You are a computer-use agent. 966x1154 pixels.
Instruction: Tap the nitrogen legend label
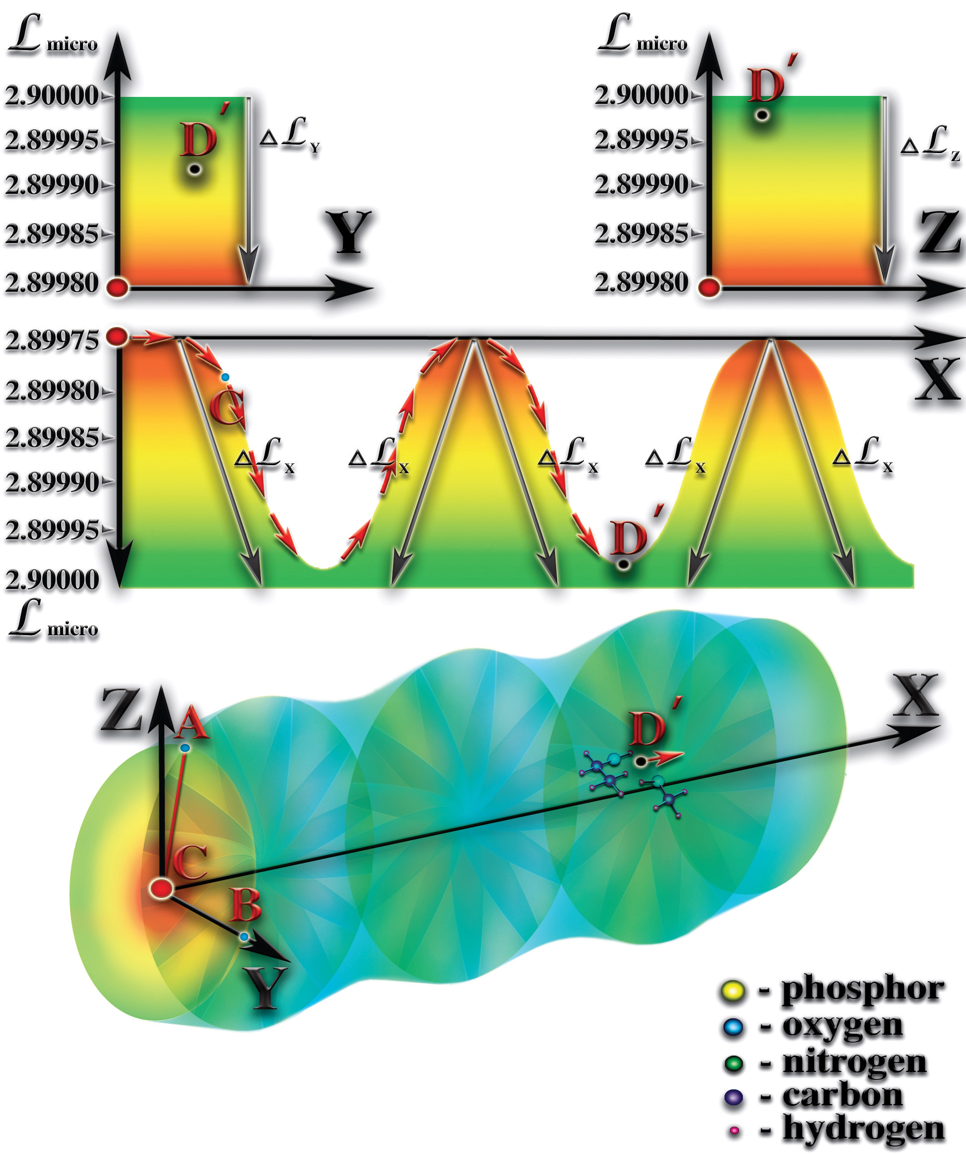[855, 1062]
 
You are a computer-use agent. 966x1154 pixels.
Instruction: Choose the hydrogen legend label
[863, 1129]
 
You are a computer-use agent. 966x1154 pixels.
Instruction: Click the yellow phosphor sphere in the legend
[732, 991]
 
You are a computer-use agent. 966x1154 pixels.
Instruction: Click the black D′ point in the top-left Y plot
[194, 170]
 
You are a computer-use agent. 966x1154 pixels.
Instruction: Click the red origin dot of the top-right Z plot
[709, 287]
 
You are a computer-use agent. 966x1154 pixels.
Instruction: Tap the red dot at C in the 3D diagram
[161, 888]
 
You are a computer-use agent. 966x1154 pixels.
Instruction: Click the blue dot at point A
[185, 748]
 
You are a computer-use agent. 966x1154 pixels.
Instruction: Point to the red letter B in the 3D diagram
[244, 905]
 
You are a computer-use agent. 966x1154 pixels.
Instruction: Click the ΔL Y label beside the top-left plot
[290, 136]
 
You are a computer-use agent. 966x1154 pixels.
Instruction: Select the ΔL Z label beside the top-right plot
[930, 144]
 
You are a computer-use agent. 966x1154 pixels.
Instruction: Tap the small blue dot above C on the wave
[225, 378]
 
